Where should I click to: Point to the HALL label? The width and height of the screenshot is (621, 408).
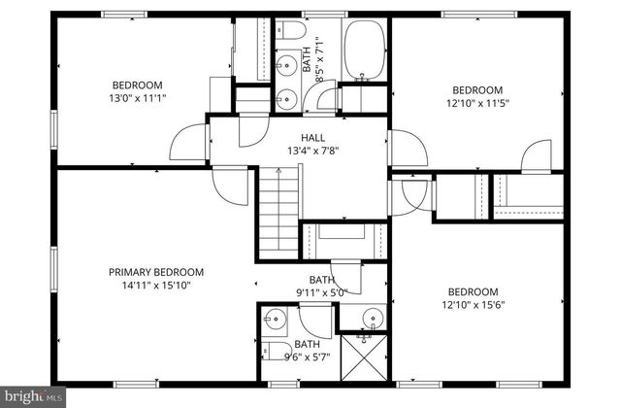tap(312, 138)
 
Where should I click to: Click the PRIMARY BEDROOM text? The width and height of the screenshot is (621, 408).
tap(155, 272)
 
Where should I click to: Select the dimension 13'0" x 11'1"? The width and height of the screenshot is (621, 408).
tap(137, 98)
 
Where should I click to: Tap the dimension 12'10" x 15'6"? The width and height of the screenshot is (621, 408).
tap(473, 305)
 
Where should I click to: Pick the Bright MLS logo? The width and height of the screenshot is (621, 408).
tap(33, 396)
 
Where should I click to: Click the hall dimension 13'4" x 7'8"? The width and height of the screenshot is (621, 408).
tap(312, 151)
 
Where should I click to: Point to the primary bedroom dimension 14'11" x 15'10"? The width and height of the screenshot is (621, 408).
tap(155, 286)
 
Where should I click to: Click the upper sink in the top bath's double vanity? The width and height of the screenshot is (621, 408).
tap(285, 66)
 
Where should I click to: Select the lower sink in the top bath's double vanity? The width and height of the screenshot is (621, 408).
tap(285, 95)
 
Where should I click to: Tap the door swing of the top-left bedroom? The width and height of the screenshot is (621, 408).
tap(187, 146)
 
